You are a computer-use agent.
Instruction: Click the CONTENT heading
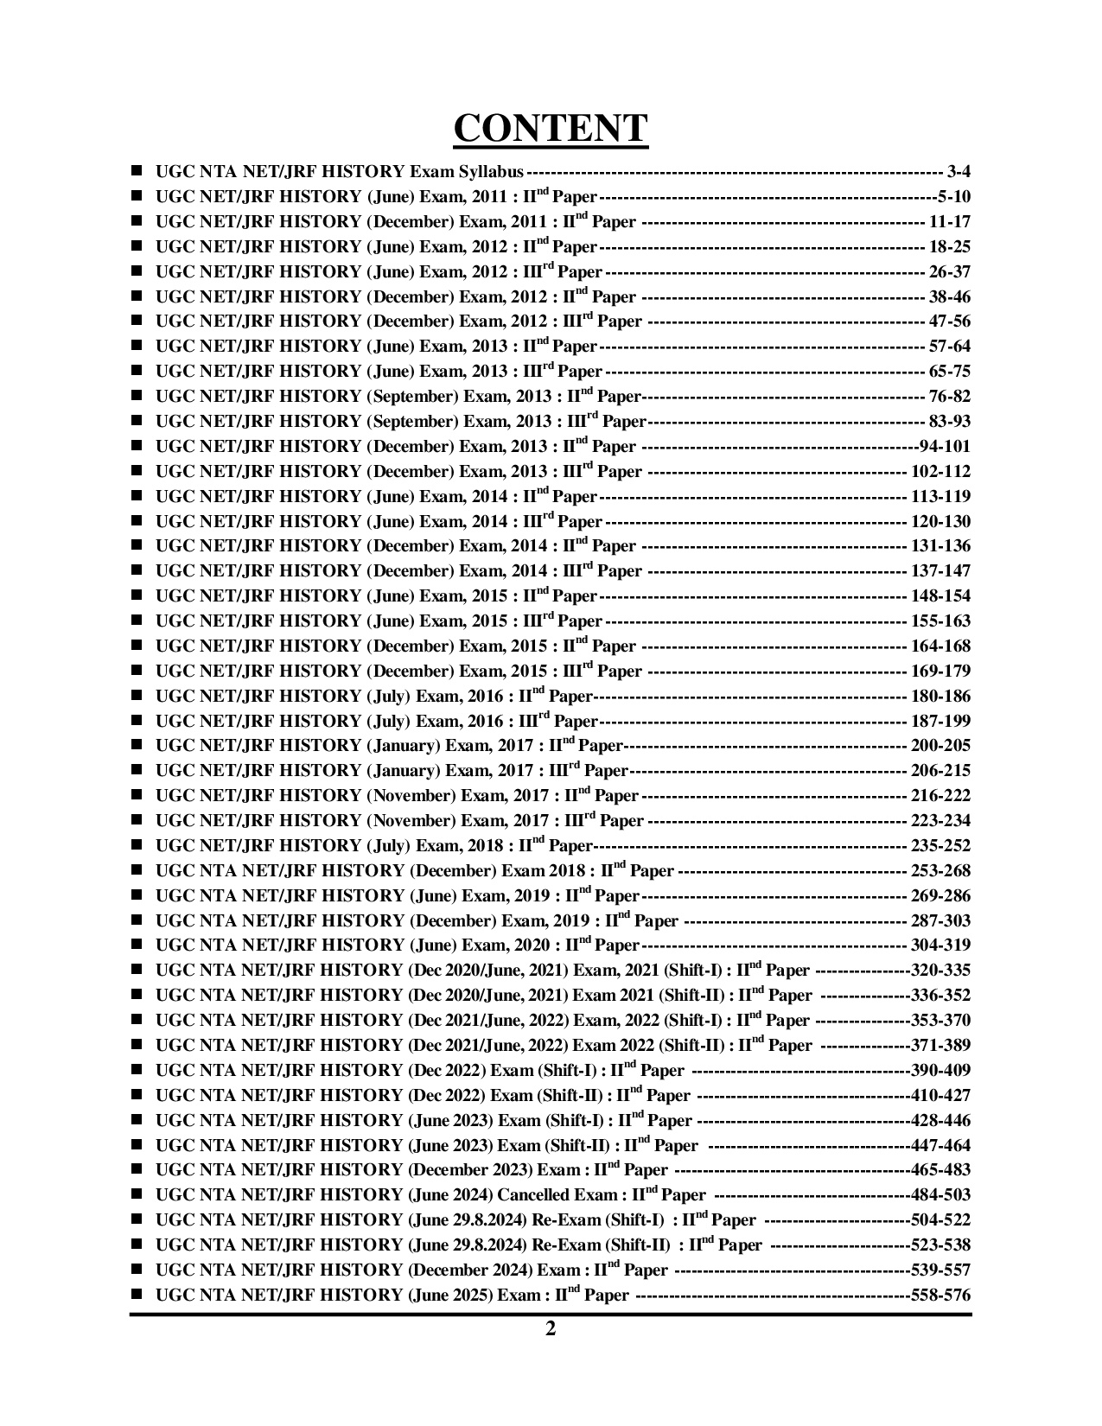click(551, 128)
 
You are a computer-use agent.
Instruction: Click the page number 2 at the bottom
click(551, 1328)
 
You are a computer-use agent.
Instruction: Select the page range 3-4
click(959, 171)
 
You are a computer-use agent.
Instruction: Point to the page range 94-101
click(945, 446)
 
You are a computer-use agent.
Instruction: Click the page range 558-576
click(940, 1295)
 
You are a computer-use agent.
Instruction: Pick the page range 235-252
click(940, 845)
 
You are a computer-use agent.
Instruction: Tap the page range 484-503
click(940, 1195)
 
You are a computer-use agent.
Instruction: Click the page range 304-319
click(940, 945)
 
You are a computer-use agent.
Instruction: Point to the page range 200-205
click(940, 745)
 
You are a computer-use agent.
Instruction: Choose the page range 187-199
click(940, 721)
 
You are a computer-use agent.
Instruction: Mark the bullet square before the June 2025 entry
click(137, 1294)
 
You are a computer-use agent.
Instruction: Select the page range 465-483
click(940, 1169)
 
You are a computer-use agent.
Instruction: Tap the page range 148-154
click(940, 595)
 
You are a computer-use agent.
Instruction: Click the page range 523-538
click(940, 1245)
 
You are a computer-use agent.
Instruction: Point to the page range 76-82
click(949, 396)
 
